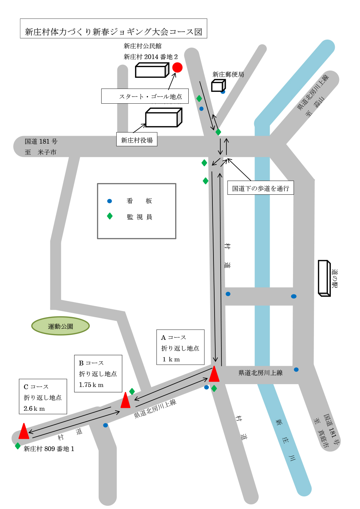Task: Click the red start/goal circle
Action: pos(177,67)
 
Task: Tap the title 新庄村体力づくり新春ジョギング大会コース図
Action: pos(113,32)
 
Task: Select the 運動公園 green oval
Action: pos(60,326)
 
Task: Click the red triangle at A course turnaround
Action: pos(214,374)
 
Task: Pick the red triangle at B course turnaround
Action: pos(125,401)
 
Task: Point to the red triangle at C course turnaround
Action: pos(24,432)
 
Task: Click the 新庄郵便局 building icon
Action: pos(218,85)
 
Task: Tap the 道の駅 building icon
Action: pos(324,278)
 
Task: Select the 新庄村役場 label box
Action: pos(137,140)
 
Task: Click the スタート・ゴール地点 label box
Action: pos(145,96)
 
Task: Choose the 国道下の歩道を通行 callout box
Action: pos(261,188)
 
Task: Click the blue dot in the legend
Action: pos(110,201)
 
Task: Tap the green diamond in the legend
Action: pos(110,216)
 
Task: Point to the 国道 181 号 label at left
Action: pos(41,141)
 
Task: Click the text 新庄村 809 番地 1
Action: pos(49,449)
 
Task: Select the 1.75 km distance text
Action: pos(91,385)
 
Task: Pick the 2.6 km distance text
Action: pos(34,409)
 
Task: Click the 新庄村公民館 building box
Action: pos(152,70)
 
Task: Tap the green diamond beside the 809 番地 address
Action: pos(18,446)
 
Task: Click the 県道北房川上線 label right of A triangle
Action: pos(260,373)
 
